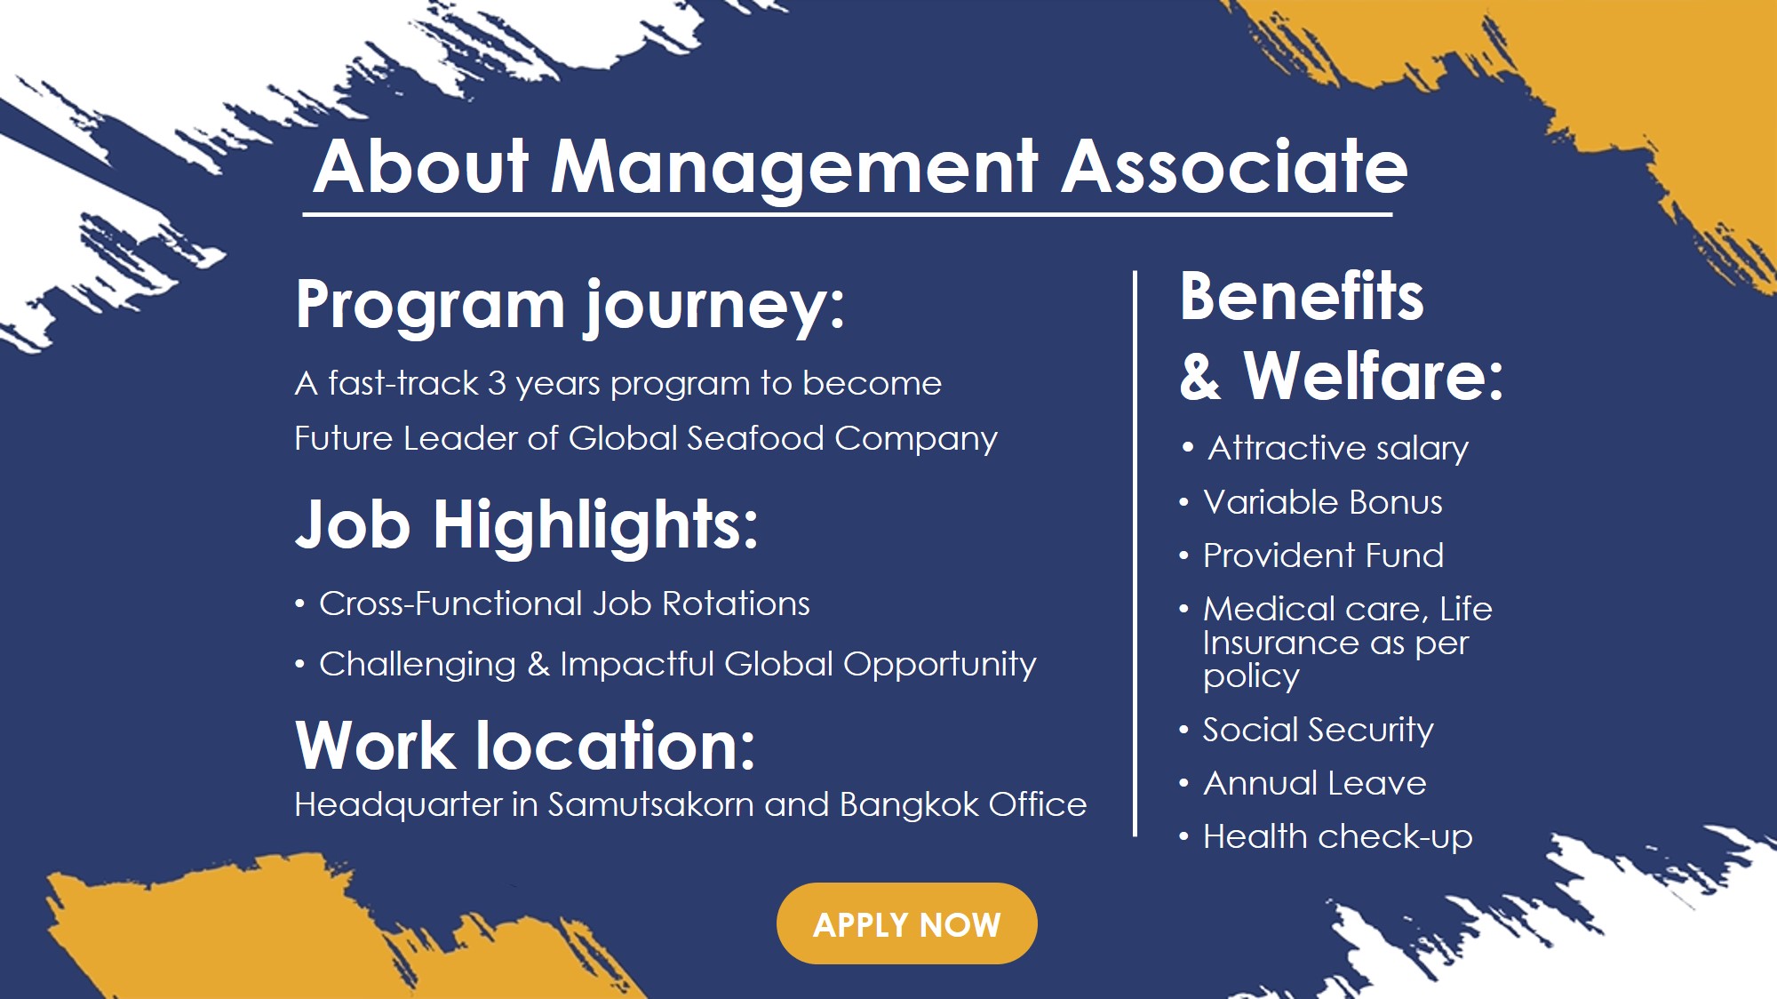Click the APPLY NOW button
coord(906,923)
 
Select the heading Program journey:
coord(570,307)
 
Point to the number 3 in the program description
coord(497,383)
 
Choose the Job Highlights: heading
coord(527,525)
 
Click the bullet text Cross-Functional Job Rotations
coord(564,603)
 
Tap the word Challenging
coord(418,665)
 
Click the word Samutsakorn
coord(651,804)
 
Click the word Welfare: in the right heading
coord(1374,375)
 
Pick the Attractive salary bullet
coord(1338,448)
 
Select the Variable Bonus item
coord(1323,502)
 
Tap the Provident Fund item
coord(1323,555)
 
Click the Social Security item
coord(1318,731)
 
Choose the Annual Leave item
coord(1315,783)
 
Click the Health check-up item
coord(1337,837)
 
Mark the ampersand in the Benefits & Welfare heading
coord(1200,376)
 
